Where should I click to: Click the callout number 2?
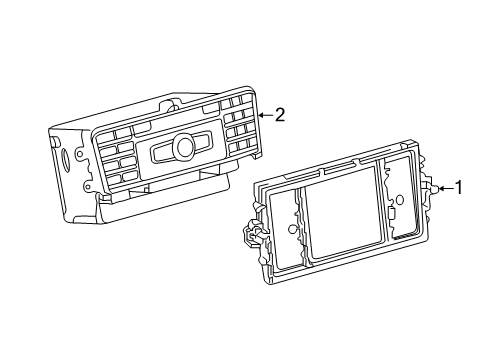coord(280,115)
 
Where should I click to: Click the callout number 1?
coord(459,188)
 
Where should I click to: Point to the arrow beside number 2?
coord(265,115)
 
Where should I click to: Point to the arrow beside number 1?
coord(446,189)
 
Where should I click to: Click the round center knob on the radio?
coord(185,146)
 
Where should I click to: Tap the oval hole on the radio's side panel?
coord(66,158)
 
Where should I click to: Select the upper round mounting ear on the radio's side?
coord(79,154)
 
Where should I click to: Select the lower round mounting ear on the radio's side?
coord(87,184)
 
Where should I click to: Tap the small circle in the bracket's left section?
coord(292,229)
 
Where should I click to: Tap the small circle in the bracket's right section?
coord(399,200)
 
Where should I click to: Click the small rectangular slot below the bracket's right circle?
coord(392,214)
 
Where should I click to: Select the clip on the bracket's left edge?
coord(254,232)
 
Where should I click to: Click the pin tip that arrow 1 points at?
coord(436,189)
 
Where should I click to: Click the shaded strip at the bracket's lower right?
coord(404,236)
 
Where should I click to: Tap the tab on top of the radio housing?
coord(171,104)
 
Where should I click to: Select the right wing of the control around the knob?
coord(202,139)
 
